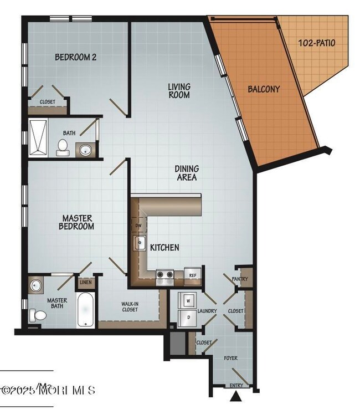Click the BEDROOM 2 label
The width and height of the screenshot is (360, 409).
76,57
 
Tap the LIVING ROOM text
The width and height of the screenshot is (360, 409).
179,91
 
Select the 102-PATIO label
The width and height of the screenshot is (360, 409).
316,43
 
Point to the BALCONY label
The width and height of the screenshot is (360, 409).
263,89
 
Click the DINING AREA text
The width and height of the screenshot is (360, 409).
187,173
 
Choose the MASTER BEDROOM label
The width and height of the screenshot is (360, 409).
78,222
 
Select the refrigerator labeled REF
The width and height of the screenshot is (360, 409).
193,275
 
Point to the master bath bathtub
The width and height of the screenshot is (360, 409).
86,310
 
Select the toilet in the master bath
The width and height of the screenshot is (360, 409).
39,315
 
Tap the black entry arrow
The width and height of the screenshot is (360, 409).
237,396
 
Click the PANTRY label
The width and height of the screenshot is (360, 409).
240,279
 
